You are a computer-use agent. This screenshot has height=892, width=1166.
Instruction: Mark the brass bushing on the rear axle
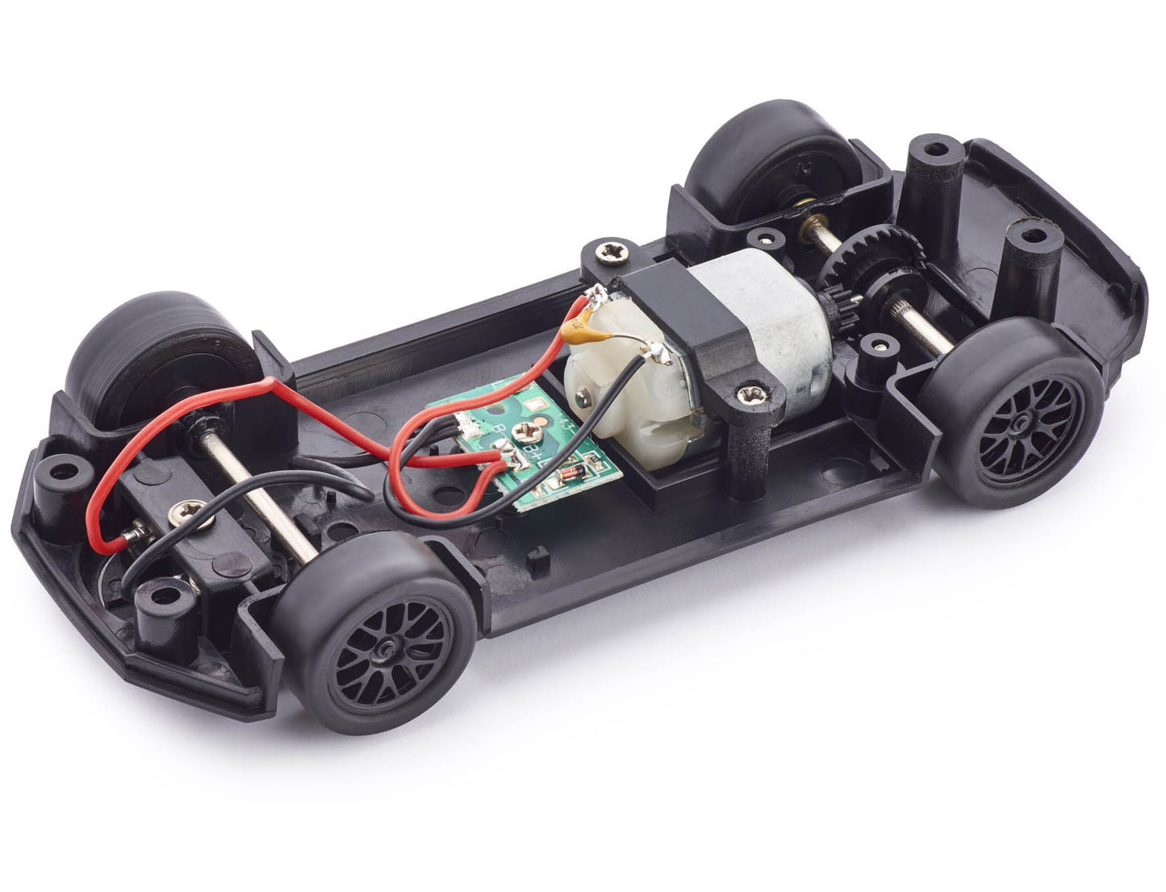click(x=809, y=219)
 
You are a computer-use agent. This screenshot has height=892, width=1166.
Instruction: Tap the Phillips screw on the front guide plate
click(x=191, y=512)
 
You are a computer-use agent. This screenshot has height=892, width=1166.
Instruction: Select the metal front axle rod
click(x=258, y=500)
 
